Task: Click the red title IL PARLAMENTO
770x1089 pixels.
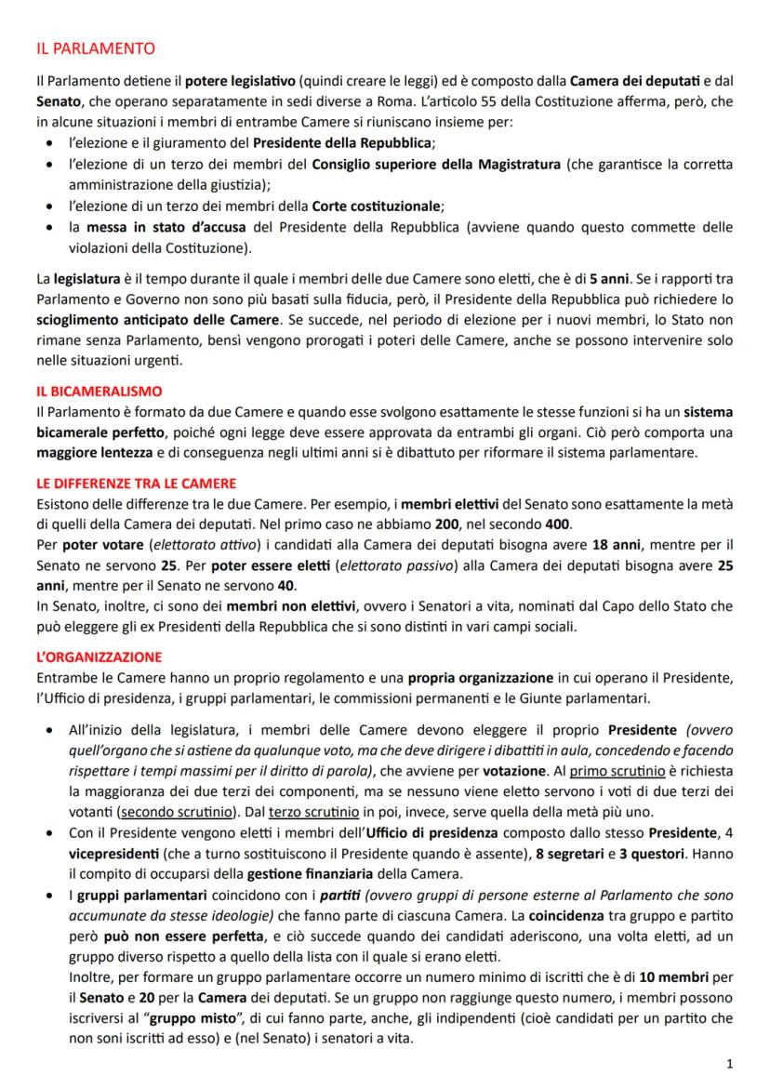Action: pos(89,47)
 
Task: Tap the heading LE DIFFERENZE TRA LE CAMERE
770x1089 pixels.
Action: pos(136,483)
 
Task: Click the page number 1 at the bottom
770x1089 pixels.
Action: pos(728,1062)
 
